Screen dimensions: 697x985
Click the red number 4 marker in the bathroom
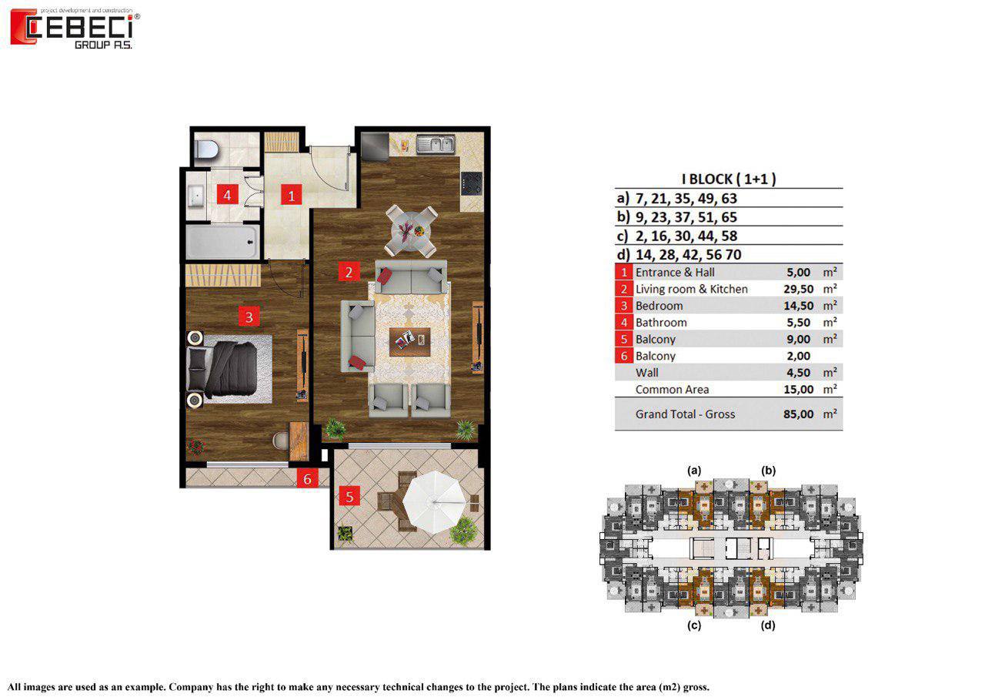pyautogui.click(x=226, y=195)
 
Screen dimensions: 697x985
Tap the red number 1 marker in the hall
pyautogui.click(x=290, y=195)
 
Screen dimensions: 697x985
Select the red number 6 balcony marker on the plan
pyautogui.click(x=307, y=479)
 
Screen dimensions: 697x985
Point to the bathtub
pyautogui.click(x=221, y=242)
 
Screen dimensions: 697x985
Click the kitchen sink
pyautogui.click(x=436, y=143)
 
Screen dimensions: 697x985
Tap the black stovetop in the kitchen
pyautogui.click(x=470, y=183)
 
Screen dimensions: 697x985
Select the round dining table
pyautogui.click(x=409, y=230)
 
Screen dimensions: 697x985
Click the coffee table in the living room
pyautogui.click(x=409, y=339)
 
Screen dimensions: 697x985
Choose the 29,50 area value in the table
pyautogui.click(x=793, y=289)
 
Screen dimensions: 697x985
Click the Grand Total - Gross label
pyautogui.click(x=685, y=414)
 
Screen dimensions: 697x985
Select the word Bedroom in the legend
pyautogui.click(x=659, y=306)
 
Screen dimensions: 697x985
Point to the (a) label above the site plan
pyautogui.click(x=694, y=470)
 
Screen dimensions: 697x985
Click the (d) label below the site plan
pyautogui.click(x=767, y=625)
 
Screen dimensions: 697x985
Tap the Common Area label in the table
pyautogui.click(x=672, y=389)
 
